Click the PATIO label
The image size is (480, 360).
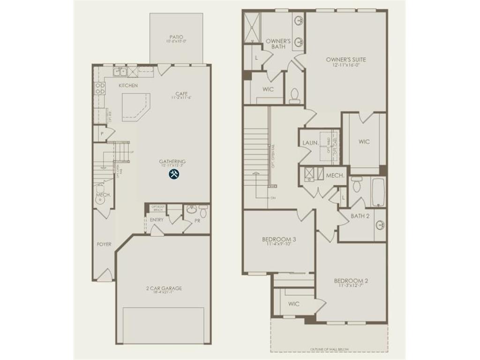176,37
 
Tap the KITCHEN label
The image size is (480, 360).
128,85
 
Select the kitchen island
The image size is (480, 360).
136,105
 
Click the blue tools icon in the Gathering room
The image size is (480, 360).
173,174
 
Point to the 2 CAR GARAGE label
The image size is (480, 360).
164,288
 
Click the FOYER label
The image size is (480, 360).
104,244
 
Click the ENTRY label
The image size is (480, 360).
157,219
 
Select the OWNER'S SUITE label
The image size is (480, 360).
346,60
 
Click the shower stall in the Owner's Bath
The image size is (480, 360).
251,28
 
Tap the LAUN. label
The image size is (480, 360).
310,142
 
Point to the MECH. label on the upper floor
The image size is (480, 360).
335,175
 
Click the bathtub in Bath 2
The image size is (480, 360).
379,191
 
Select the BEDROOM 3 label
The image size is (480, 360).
278,239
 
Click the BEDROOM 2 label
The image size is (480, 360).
351,281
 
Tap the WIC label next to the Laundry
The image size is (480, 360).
364,141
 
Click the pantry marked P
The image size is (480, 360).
101,133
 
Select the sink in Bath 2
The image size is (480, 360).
380,225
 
